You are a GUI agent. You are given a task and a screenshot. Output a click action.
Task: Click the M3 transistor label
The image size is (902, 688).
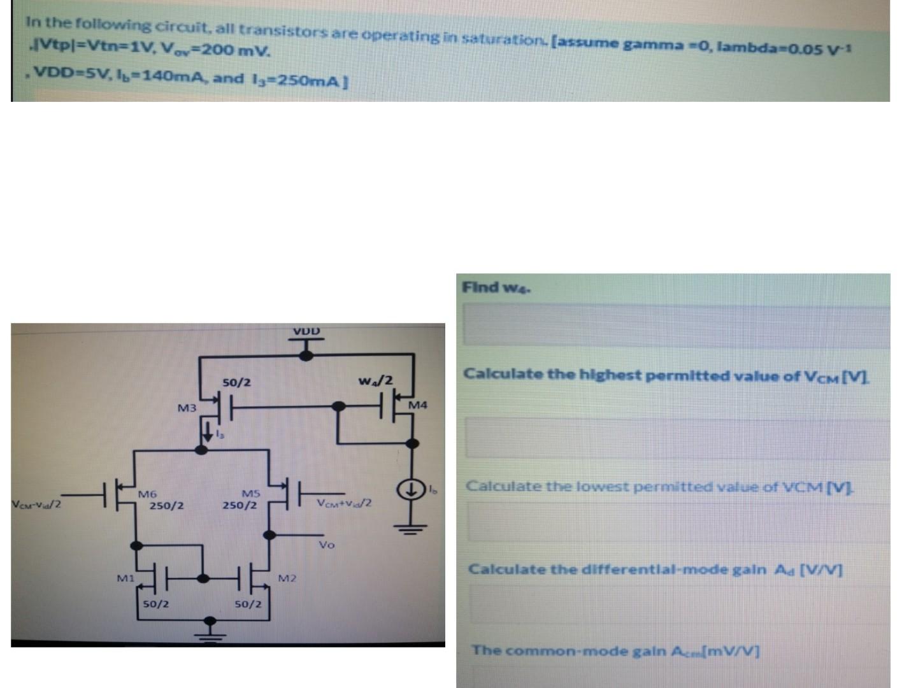pos(187,408)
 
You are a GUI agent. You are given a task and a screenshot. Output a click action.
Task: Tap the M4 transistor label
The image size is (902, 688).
pos(418,405)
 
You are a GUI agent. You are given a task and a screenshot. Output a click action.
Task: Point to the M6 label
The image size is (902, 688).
pos(148,494)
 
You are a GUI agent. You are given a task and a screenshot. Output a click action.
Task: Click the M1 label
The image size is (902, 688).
pos(125,578)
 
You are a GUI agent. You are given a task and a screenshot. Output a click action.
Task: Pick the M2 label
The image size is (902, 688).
pos(287,578)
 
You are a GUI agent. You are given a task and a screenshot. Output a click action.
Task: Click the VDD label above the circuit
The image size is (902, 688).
pos(306,331)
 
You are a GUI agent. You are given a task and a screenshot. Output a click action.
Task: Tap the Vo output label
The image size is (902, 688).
pos(326,545)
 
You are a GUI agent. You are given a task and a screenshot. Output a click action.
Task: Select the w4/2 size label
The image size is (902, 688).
pos(376,381)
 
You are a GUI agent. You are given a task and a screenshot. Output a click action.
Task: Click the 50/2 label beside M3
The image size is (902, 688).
pos(236,382)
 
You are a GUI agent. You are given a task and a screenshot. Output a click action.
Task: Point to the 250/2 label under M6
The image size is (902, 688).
pos(167,506)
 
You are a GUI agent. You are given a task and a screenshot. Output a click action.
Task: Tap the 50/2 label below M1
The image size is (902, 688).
pos(155,603)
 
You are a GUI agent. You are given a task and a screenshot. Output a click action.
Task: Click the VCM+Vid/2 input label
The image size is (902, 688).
pos(344,503)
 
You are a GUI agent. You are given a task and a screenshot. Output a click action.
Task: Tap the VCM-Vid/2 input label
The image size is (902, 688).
pos(36,505)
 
